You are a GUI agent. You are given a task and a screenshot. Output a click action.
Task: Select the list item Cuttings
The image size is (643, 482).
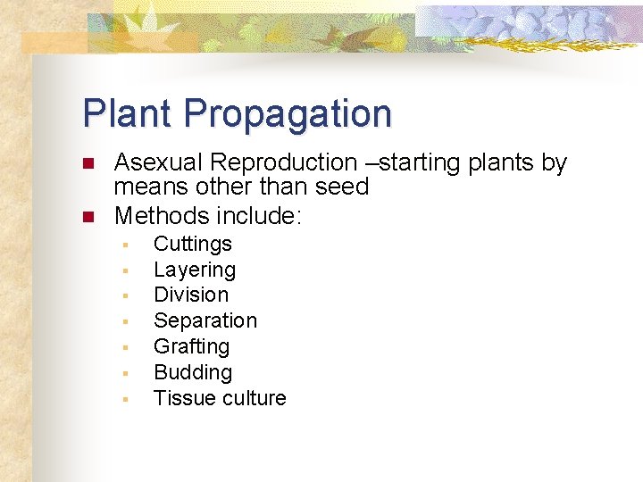pyautogui.click(x=193, y=245)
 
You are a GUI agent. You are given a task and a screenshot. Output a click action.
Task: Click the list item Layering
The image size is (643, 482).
pyautogui.click(x=195, y=270)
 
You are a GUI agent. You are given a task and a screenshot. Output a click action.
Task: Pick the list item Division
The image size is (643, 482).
pyautogui.click(x=191, y=295)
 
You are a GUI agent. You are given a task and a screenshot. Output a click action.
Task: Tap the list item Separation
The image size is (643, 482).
pyautogui.click(x=205, y=320)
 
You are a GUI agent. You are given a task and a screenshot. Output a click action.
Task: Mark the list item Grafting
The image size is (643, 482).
pyautogui.click(x=192, y=347)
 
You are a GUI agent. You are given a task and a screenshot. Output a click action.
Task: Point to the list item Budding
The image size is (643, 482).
pyautogui.click(x=193, y=372)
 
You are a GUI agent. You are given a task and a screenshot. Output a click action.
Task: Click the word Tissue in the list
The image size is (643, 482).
pyautogui.click(x=180, y=398)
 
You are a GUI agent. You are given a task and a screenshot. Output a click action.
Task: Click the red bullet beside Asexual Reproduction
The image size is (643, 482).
pyautogui.click(x=88, y=163)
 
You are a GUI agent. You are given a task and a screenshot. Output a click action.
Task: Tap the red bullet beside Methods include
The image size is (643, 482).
pyautogui.click(x=88, y=217)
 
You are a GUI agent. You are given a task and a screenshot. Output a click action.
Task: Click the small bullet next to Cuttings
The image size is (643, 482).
pyautogui.click(x=127, y=245)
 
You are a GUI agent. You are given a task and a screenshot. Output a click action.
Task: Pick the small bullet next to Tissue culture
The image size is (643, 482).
pyautogui.click(x=127, y=399)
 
